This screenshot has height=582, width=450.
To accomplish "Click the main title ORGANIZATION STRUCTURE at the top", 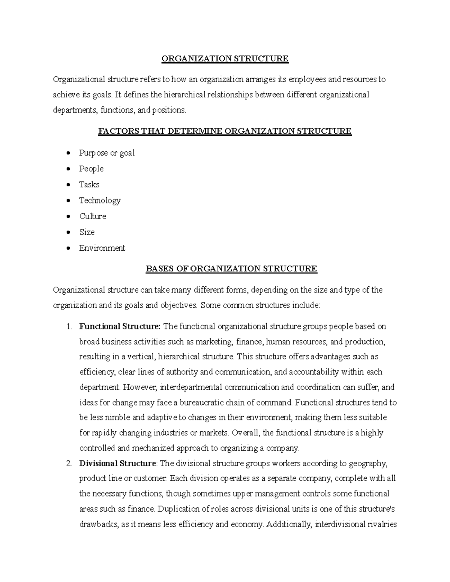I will coord(225,58).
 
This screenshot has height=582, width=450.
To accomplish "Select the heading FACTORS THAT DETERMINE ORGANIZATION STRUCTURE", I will coord(225,131).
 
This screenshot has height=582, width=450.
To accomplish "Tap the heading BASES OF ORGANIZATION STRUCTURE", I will coord(231,269).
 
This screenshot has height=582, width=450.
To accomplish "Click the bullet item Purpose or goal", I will coord(106,153).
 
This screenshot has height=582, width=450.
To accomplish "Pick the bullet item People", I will coord(91,169).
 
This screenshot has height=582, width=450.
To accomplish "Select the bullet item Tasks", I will coord(89,184).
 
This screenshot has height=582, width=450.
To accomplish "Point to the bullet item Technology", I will coord(100,200).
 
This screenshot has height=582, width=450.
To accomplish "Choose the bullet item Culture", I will coord(93,216).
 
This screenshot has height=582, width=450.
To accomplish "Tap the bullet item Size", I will coord(87,232).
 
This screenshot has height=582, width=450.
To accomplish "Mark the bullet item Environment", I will coord(102,248).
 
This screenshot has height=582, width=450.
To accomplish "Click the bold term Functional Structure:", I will coord(120,326).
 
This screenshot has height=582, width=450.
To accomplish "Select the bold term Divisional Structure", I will coord(117,464).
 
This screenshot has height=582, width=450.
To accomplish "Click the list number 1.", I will coord(69,326).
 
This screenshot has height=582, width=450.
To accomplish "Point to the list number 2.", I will coord(69,464).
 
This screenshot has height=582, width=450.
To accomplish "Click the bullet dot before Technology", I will coord(68,200).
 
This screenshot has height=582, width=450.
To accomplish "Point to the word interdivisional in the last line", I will coord(340,524).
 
